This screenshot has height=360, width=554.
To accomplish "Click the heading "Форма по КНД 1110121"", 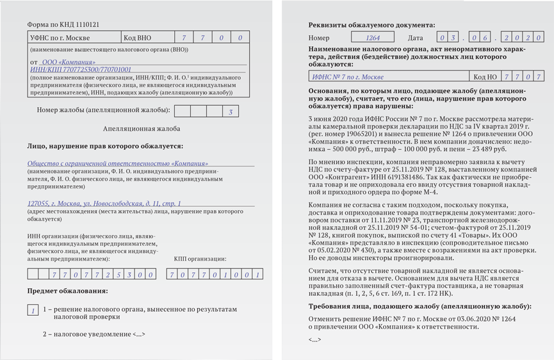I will point(63,24).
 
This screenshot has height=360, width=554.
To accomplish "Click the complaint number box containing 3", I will point(230,112).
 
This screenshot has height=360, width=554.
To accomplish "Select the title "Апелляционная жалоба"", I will point(142,129).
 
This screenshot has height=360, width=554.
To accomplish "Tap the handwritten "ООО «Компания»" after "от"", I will point(69,62).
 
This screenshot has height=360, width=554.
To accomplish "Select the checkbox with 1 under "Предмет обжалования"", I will point(33,310).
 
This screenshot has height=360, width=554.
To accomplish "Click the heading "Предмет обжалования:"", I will point(67,291).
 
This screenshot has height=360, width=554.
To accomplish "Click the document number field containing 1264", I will point(372,38).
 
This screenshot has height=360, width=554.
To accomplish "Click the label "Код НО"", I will point(485,77).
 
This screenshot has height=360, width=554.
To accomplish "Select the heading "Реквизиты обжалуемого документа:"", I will point(371,25).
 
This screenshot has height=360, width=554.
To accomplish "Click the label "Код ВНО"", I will point(138,38).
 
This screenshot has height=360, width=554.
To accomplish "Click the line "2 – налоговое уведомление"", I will point(94,334).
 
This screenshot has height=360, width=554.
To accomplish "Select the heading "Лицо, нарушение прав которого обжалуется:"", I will point(105,147).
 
